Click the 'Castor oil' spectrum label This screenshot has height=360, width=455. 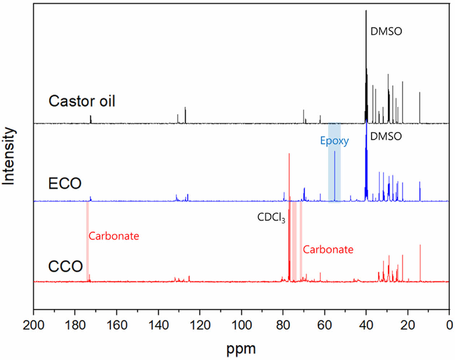click(82, 101)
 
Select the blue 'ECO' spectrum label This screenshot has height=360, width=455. click(65, 183)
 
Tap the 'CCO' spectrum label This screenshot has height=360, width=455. click(65, 267)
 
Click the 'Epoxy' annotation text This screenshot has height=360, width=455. click(334, 141)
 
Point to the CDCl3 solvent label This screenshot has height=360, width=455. click(271, 217)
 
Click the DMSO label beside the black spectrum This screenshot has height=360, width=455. click(386, 31)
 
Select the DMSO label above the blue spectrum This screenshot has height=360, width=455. click(386, 136)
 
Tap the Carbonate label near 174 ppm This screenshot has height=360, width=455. click(114, 236)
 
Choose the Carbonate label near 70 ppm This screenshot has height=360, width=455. click(328, 250)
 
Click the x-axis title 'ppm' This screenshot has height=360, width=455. click(241, 349)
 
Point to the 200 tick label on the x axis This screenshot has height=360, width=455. click(34, 325)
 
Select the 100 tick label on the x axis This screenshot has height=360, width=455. click(241, 325)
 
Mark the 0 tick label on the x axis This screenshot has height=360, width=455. click(449, 325)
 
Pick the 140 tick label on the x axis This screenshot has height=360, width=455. click(158, 325)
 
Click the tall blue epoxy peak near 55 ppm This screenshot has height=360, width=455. click(335, 173)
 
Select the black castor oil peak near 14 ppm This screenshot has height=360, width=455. click(420, 108)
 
